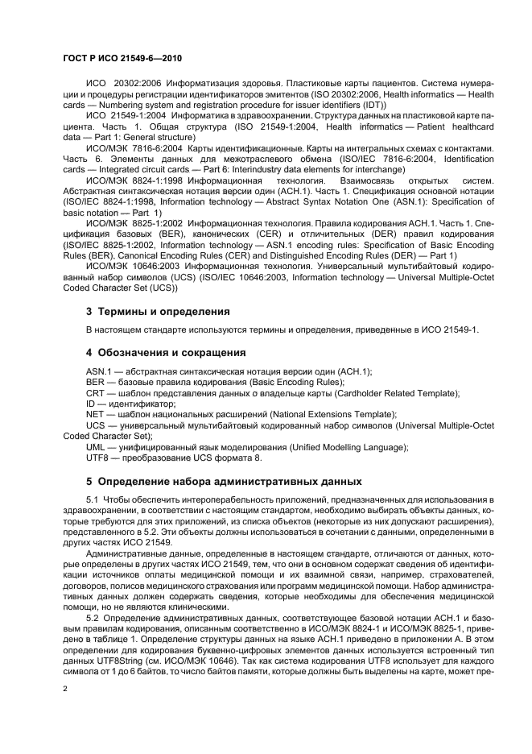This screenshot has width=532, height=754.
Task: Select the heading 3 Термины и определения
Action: (158, 311)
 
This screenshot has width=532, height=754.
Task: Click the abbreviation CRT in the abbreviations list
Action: (95, 392)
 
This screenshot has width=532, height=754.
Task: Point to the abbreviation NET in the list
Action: (95, 413)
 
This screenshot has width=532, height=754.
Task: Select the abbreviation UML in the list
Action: (96, 447)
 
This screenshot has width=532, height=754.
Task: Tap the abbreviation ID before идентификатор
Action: (91, 403)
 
